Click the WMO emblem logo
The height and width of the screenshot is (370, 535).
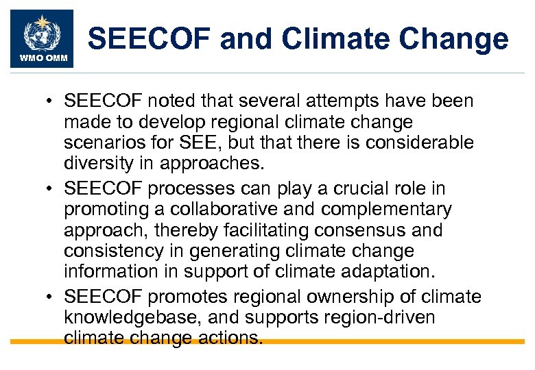(42, 32)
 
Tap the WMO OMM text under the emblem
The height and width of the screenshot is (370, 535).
(42, 58)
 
